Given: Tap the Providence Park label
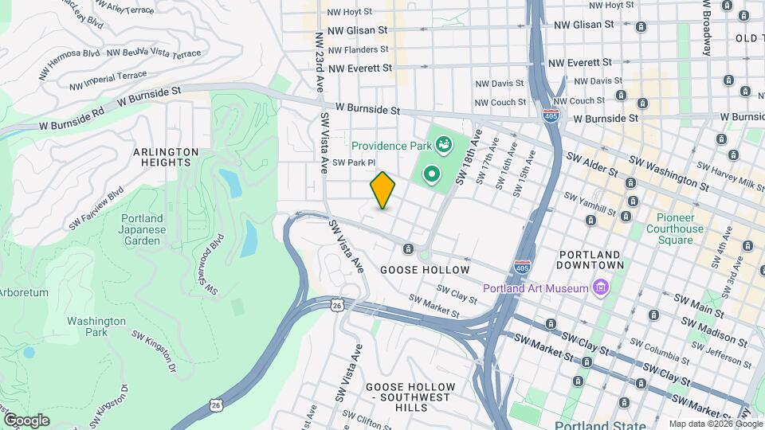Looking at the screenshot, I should point(392,146).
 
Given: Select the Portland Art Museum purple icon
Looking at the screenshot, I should point(602,287).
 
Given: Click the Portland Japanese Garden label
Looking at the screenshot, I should point(143,229).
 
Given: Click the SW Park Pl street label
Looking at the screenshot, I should point(354,162).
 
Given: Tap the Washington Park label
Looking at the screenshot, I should point(96,326).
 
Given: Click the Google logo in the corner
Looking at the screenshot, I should point(26,420).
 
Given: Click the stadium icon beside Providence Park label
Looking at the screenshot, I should point(444,145).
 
